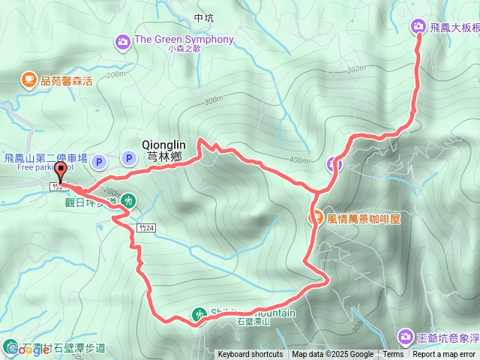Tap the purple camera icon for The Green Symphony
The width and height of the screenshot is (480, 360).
click(x=123, y=40)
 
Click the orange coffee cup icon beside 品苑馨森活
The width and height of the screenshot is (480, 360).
click(x=28, y=79)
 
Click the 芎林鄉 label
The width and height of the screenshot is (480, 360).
click(x=164, y=157)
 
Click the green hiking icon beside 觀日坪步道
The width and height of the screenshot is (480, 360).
click(x=129, y=200)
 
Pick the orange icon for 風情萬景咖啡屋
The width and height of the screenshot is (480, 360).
click(x=316, y=219)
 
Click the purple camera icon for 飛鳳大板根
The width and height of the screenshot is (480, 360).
click(x=418, y=27)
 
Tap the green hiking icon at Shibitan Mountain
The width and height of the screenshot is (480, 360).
click(x=199, y=313)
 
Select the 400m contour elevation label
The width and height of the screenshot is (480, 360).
click(x=298, y=160)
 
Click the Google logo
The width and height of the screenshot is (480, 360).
click(x=24, y=349)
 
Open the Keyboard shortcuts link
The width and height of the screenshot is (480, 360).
click(x=250, y=355)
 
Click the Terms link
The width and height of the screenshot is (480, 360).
click(x=393, y=355)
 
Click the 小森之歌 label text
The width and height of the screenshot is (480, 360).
click(x=185, y=49)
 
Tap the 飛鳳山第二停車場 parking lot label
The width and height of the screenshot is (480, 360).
click(x=45, y=158)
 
